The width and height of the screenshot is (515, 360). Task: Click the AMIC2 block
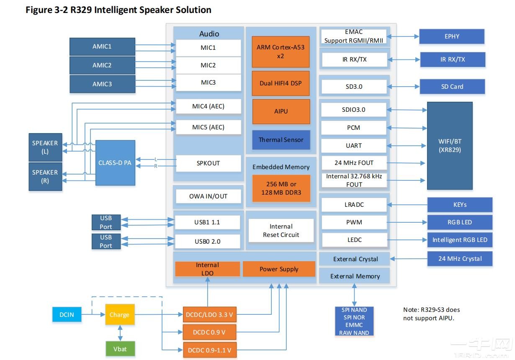point(102,65)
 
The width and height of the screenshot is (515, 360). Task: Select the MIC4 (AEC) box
point(208,106)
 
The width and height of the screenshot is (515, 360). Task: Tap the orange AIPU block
point(281,111)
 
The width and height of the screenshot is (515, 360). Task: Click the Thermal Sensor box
point(281,140)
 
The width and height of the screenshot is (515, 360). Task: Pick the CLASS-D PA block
point(115,163)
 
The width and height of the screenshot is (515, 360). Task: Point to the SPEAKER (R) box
point(45,176)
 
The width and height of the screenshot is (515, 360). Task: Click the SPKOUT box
point(208,163)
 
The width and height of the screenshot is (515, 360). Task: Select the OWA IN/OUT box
point(208,196)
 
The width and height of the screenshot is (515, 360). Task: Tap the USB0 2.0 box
point(208,241)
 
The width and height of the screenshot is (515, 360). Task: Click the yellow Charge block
point(120,315)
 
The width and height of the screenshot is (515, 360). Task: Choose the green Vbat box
point(120,349)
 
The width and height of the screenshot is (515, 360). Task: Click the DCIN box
point(67,314)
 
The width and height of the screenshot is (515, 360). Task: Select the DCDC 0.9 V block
point(209,332)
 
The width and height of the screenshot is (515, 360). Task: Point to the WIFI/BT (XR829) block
point(449,146)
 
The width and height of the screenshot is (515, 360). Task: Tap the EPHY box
point(452,36)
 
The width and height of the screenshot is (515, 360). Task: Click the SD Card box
point(452,87)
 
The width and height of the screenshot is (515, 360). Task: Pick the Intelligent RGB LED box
point(460,240)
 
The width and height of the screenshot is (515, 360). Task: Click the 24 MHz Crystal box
point(460,259)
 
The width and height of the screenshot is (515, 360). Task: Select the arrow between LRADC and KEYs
point(407,205)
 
